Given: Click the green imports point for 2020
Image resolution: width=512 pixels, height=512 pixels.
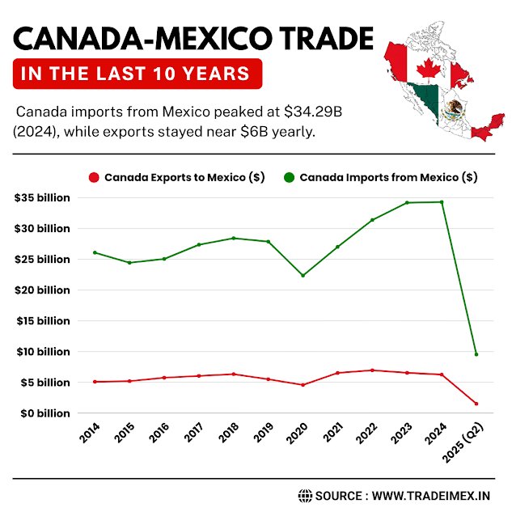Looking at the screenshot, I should click(x=303, y=275).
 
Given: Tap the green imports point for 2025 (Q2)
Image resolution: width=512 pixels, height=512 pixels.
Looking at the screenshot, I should click(x=476, y=353).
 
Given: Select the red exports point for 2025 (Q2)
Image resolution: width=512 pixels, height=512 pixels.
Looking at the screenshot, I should click(x=476, y=404).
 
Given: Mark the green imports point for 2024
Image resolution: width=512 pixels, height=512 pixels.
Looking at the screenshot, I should click(x=442, y=201).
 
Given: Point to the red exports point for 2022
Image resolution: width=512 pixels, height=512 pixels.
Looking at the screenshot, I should click(x=372, y=370).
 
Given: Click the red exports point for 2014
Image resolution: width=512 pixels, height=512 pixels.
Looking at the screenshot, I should click(x=95, y=382).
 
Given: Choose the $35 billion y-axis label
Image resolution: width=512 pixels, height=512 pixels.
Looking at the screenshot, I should click(x=42, y=197).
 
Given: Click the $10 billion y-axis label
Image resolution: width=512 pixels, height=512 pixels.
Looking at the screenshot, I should click(x=42, y=352).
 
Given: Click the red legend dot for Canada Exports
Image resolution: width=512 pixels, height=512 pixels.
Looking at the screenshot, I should click(x=94, y=177).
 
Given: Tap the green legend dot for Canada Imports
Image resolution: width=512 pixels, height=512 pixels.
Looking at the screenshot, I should click(x=288, y=177).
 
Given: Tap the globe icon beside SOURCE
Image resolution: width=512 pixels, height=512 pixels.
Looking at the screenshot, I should click(x=305, y=495).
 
